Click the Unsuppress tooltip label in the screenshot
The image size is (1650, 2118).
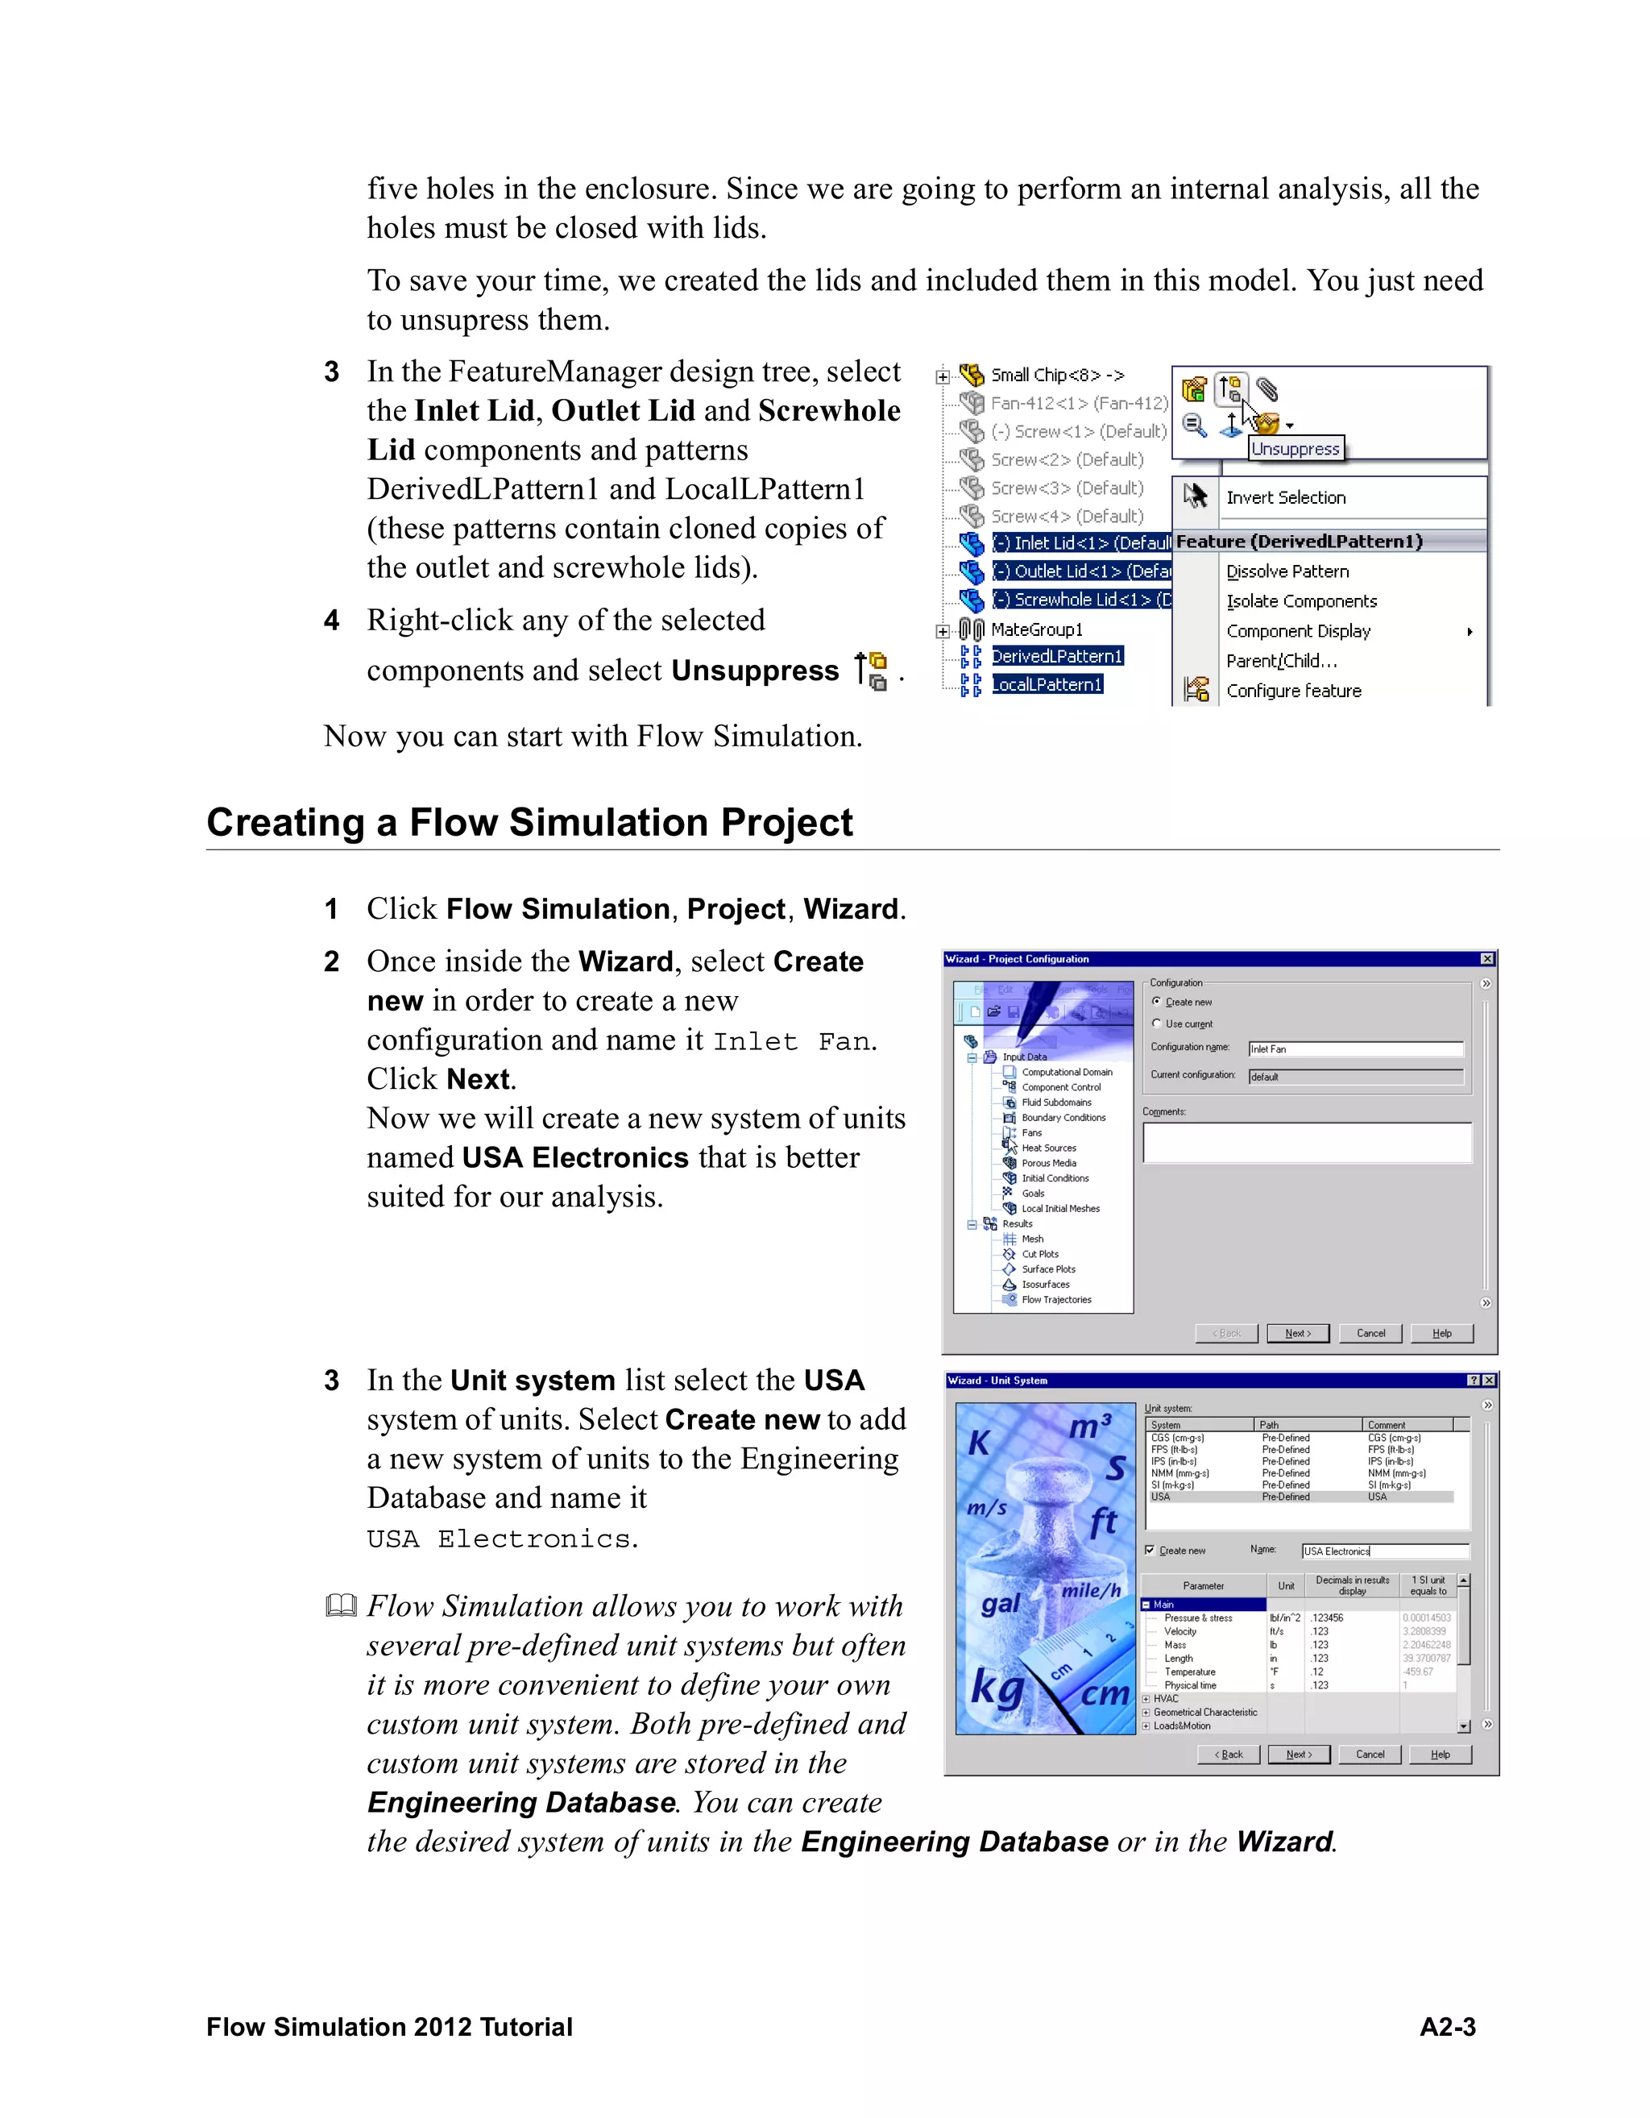(1296, 448)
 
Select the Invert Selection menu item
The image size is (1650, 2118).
(1286, 497)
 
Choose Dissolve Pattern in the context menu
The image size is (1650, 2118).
(1287, 571)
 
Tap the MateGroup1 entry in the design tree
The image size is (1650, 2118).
(1035, 629)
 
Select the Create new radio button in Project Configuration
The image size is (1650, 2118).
(1157, 1001)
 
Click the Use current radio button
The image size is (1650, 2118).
(1157, 1023)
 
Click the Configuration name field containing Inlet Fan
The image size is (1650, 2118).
(1354, 1049)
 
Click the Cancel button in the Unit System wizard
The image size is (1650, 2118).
(1369, 1754)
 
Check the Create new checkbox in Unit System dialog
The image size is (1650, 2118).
(1150, 1550)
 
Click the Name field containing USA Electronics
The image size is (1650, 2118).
(1383, 1551)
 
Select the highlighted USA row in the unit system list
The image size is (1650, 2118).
(1299, 1497)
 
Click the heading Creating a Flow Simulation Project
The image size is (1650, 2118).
(529, 822)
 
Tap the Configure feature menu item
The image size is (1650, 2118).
(1293, 691)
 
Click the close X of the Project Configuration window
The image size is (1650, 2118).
(1486, 958)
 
